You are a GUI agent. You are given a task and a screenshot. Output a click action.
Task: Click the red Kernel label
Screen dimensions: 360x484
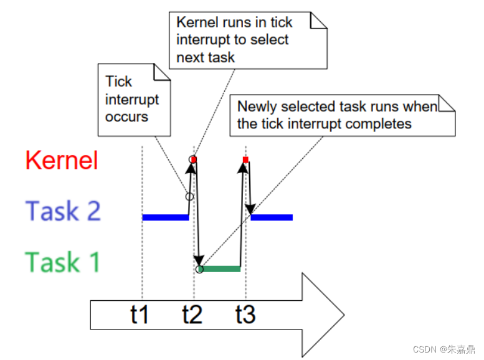[62, 161]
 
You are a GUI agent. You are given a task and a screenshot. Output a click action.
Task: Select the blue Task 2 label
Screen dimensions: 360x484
[63, 212]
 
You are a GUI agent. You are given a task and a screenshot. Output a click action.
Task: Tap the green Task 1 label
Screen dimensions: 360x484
[62, 262]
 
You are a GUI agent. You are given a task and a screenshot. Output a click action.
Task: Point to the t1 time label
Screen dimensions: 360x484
[140, 315]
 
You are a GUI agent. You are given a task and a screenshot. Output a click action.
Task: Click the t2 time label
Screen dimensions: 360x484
[192, 315]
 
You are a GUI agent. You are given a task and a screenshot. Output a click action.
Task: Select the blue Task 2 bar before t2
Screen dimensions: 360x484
[165, 217]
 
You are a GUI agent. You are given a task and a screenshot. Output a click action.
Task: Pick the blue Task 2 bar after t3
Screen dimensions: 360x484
[272, 217]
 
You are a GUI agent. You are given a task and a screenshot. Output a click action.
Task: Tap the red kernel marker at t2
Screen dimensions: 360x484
[194, 160]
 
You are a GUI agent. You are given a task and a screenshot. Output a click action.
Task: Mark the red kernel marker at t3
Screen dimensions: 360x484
[245, 160]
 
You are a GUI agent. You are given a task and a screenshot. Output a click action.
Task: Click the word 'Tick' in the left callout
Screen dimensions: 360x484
[118, 82]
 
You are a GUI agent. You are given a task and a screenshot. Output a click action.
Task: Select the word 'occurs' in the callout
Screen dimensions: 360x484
[126, 116]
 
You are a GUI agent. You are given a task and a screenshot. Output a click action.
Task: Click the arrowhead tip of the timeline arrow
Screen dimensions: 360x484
[343, 315]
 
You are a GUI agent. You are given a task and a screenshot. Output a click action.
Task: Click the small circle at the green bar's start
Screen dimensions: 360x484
[199, 269]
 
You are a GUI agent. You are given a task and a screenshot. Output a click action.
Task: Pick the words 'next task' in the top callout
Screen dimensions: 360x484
[206, 57]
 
